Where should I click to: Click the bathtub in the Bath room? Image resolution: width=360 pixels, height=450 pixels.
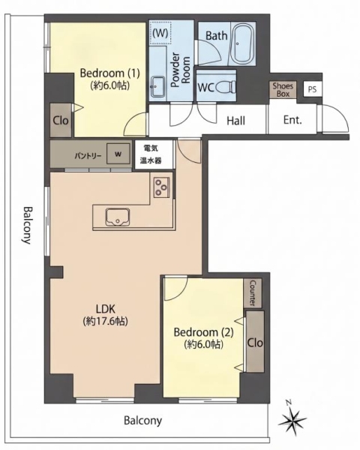[x=242, y=43]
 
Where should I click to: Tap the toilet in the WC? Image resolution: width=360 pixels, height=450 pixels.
[x=225, y=87]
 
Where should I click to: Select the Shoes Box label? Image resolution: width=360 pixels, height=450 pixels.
[x=283, y=90]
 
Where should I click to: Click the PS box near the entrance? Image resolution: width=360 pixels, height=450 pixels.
[x=312, y=89]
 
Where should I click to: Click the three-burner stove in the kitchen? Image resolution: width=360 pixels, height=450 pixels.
[x=162, y=187]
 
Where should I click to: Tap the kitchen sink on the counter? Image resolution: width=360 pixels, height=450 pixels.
[x=118, y=217]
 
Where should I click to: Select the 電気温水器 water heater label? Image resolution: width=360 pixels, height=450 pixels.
[x=151, y=154]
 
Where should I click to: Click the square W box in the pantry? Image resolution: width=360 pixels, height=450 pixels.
[x=118, y=154]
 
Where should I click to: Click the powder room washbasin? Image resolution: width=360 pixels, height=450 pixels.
[x=157, y=87]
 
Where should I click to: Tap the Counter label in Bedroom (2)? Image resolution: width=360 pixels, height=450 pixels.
[x=253, y=293]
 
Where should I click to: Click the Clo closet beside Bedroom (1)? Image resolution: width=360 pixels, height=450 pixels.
[x=61, y=120]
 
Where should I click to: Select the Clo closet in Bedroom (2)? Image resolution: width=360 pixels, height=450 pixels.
[x=255, y=342]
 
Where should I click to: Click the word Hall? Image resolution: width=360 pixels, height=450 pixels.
[x=235, y=121]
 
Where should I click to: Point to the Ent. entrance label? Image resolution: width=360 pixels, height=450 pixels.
[x=292, y=120]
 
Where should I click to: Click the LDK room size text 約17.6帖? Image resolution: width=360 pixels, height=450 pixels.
[x=105, y=322]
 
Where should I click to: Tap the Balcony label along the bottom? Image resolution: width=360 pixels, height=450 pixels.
[x=142, y=421]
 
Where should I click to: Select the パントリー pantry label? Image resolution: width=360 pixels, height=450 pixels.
[x=88, y=156]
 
